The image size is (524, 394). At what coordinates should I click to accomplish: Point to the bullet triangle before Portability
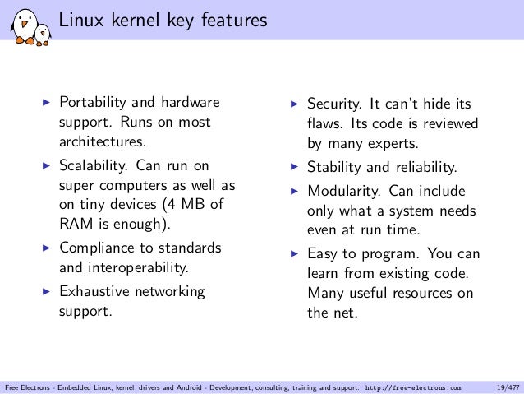point(47,103)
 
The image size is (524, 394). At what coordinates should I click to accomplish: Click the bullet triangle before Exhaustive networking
point(47,291)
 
